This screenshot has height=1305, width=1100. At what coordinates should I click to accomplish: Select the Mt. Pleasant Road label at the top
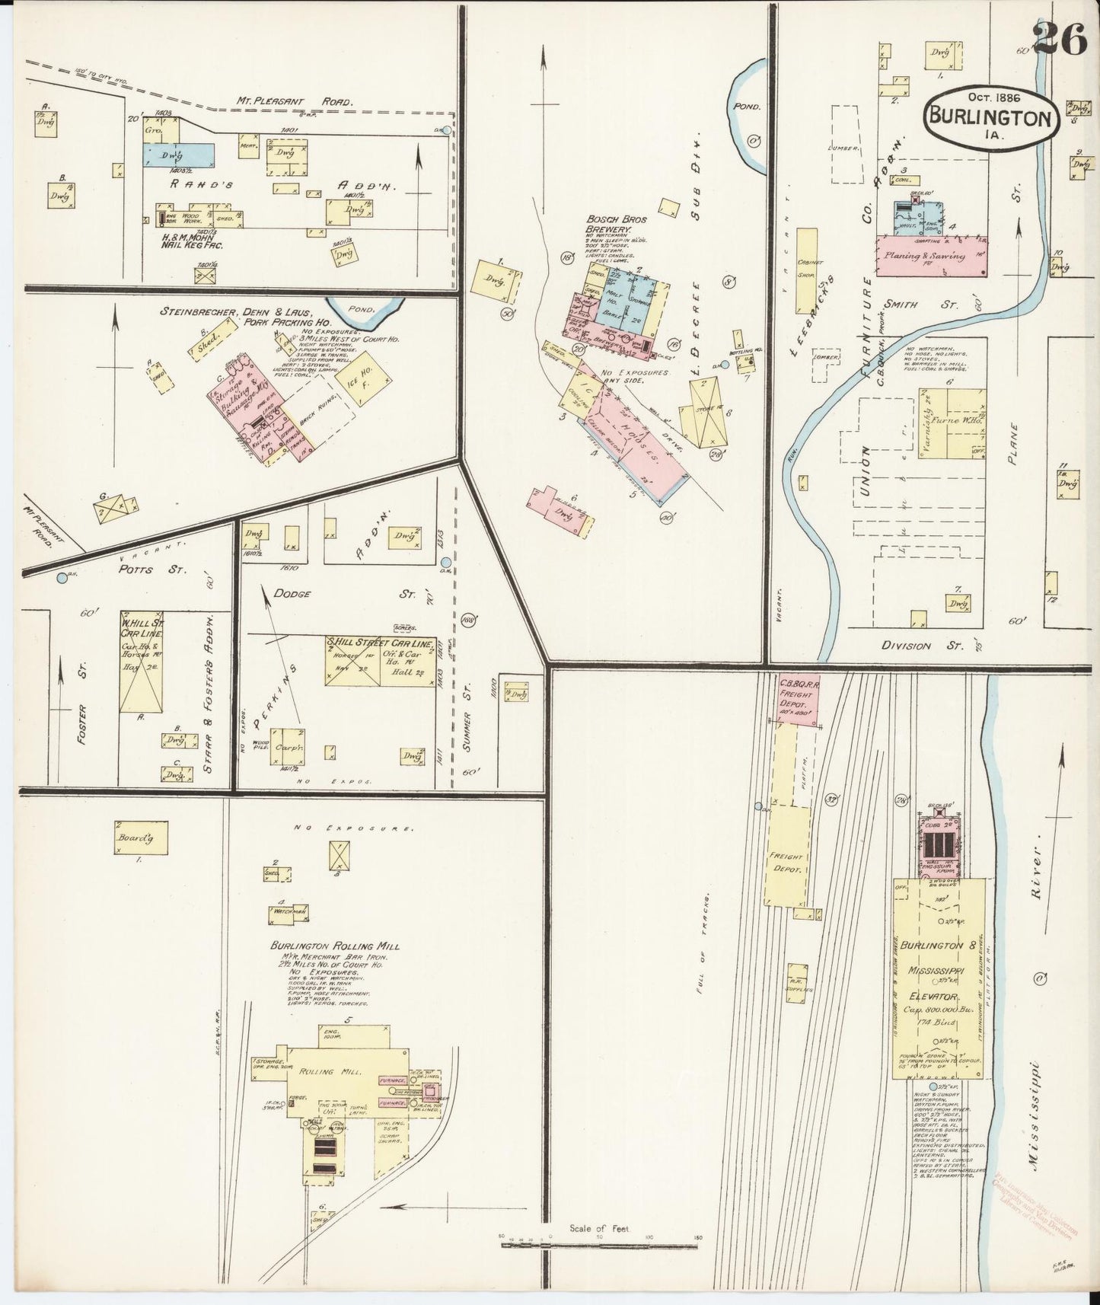point(290,101)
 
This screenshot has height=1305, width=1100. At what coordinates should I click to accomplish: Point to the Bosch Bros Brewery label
point(616,224)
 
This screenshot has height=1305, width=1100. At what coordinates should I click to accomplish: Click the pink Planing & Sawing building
point(932,256)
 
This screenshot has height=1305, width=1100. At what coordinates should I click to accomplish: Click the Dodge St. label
point(292,593)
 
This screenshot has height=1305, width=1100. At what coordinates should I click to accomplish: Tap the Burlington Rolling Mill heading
point(335,946)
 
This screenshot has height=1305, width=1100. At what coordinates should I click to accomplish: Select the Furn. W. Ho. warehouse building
point(953,423)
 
